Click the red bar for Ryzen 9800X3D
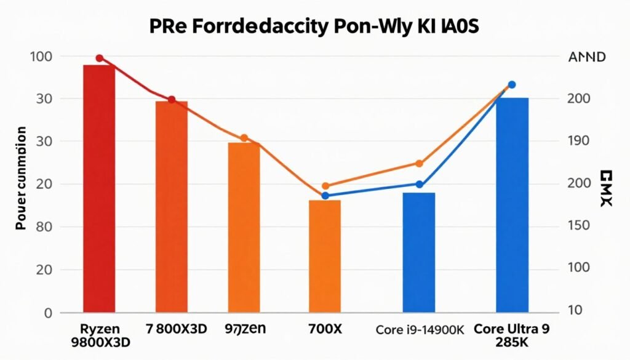(99, 188)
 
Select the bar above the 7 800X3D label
(172, 206)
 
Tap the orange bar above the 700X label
(324, 255)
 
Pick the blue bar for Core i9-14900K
(419, 252)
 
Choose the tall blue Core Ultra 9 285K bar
(512, 204)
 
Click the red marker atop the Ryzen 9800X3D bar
(99, 58)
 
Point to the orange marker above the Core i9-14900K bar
(420, 164)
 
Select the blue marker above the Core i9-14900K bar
(420, 185)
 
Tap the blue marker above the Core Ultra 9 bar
(512, 85)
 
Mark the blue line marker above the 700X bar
(325, 196)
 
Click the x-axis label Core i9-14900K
(419, 330)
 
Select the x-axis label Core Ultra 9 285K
(512, 335)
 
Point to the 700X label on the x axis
(325, 329)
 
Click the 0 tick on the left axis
(47, 313)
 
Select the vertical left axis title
(21, 178)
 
